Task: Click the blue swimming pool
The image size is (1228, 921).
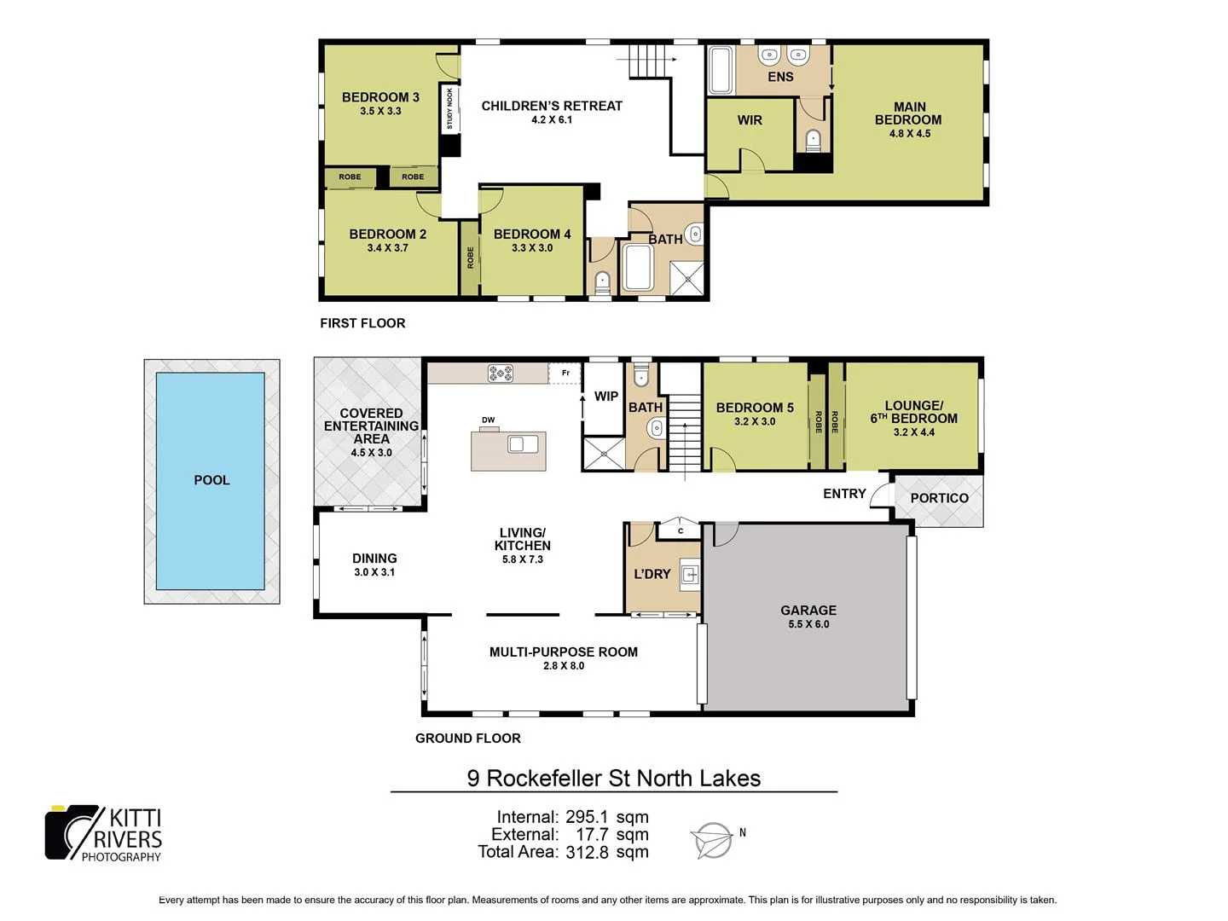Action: pyautogui.click(x=211, y=481)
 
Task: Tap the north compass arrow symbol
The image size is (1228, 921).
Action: pyautogui.click(x=712, y=840)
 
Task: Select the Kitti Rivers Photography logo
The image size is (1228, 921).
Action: pyautogui.click(x=103, y=833)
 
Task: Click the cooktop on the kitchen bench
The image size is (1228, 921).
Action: pyautogui.click(x=501, y=373)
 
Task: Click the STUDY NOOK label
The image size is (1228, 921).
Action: pyautogui.click(x=450, y=109)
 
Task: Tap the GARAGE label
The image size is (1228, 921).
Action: pyautogui.click(x=808, y=611)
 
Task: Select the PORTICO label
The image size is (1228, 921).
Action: pyautogui.click(x=939, y=498)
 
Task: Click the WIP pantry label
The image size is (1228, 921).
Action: pyautogui.click(x=606, y=397)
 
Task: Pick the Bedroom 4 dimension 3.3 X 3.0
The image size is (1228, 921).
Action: pyautogui.click(x=532, y=248)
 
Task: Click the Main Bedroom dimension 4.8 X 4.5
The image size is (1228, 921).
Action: pyautogui.click(x=910, y=134)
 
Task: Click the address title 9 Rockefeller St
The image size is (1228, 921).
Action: pyautogui.click(x=613, y=778)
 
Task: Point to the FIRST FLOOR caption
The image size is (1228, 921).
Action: pyautogui.click(x=362, y=323)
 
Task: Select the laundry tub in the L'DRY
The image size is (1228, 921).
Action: pyautogui.click(x=690, y=576)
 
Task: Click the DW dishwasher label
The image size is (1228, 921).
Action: pyautogui.click(x=488, y=420)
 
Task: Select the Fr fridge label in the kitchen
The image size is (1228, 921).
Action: pyautogui.click(x=565, y=373)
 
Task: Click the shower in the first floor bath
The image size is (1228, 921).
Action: pyautogui.click(x=686, y=276)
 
